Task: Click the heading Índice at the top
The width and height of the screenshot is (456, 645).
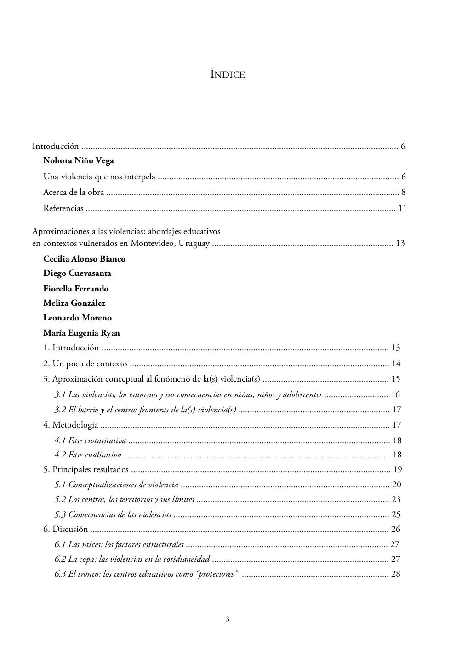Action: pyautogui.click(x=228, y=74)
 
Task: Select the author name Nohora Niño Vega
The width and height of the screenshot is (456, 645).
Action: pyautogui.click(x=79, y=160)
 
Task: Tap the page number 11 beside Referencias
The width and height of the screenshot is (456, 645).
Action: pyautogui.click(x=402, y=208)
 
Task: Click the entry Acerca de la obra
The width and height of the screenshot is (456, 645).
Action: pyautogui.click(x=74, y=192)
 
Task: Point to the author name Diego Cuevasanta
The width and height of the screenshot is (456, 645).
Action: pyautogui.click(x=77, y=273)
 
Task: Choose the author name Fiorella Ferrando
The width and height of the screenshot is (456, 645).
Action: pyautogui.click(x=76, y=289)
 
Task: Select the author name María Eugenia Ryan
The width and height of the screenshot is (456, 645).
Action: pyautogui.click(x=81, y=333)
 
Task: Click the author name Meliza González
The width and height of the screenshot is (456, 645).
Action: pyautogui.click(x=74, y=303)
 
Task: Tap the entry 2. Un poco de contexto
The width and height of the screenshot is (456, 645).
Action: pyautogui.click(x=85, y=364)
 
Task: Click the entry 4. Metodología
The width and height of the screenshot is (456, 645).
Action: pyautogui.click(x=70, y=425)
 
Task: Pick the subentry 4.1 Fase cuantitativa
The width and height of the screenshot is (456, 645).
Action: pyautogui.click(x=90, y=440)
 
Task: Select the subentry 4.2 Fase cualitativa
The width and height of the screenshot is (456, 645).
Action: pyautogui.click(x=88, y=455)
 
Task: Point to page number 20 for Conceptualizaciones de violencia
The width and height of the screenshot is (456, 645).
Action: pyautogui.click(x=396, y=485)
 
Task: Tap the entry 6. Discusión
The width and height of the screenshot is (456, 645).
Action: pyautogui.click(x=65, y=529)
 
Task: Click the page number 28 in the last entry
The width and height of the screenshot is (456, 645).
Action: pyautogui.click(x=395, y=574)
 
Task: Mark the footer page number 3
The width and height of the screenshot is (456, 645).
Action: pyautogui.click(x=228, y=619)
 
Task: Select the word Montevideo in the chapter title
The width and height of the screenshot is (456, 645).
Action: pyautogui.click(x=152, y=243)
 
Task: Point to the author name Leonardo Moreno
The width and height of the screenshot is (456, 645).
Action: pyautogui.click(x=77, y=318)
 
